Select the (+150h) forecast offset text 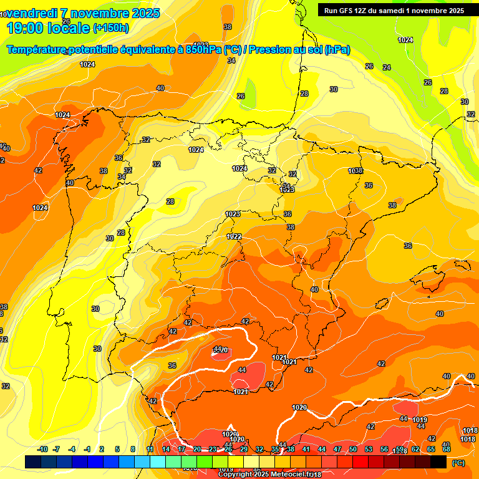click(x=110, y=28)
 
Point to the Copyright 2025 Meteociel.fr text click(x=269, y=475)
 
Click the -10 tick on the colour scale click(x=43, y=449)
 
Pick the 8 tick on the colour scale click(x=133, y=449)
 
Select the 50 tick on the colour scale click(x=353, y=449)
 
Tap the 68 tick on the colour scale click(x=447, y=449)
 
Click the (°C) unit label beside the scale click(x=458, y=463)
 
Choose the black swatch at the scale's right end click(x=438, y=462)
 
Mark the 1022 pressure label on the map click(x=234, y=236)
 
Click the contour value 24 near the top click(x=386, y=67)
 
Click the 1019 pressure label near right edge click(x=420, y=420)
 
